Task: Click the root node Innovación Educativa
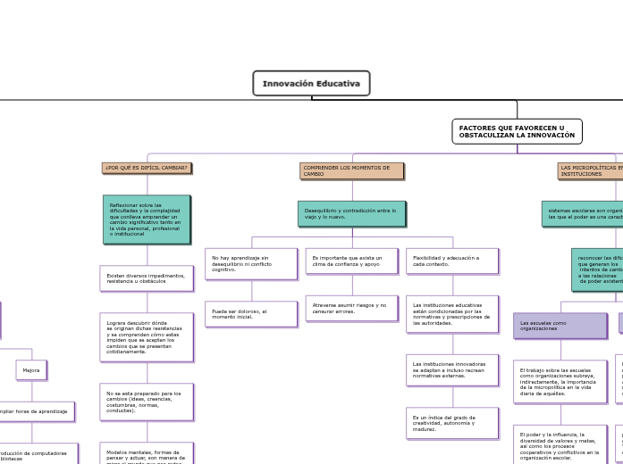tap(311, 84)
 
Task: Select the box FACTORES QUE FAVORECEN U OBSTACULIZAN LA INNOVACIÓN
tap(517, 131)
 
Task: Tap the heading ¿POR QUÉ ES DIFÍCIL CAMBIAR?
tap(147, 168)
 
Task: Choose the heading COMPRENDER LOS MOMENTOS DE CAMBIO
tap(351, 170)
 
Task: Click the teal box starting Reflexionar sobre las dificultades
tap(146, 220)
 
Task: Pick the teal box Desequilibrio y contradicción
tap(351, 214)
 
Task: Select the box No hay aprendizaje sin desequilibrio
tap(250, 263)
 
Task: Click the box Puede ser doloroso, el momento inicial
tap(250, 314)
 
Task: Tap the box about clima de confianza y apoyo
tap(351, 261)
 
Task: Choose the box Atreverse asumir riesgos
tap(351, 308)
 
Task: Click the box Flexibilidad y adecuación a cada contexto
tap(451, 261)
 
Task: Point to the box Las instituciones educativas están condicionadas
tap(451, 313)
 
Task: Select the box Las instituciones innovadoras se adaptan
tap(451, 369)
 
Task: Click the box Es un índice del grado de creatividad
tap(451, 423)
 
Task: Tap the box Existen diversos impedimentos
tap(146, 278)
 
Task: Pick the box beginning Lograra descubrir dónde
tap(146, 337)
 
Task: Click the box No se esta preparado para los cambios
tap(146, 402)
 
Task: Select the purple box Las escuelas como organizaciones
tap(560, 326)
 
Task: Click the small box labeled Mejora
tap(31, 370)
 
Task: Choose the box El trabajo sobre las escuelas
tap(560, 381)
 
